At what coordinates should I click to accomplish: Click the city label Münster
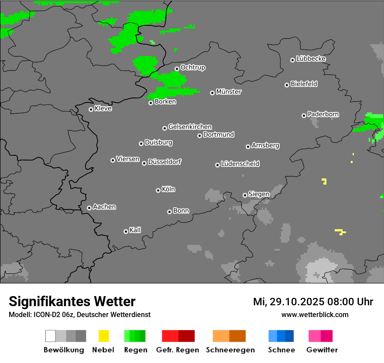[229, 92]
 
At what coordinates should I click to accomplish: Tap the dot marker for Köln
[158, 190]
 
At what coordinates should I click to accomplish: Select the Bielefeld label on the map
[304, 84]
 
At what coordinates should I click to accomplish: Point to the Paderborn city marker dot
[304, 115]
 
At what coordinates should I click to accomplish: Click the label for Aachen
[104, 207]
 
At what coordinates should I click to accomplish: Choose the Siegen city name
[259, 194]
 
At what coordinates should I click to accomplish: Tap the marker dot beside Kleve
[91, 109]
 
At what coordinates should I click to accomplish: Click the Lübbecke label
[311, 59]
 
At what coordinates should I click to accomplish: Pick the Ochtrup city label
[192, 68]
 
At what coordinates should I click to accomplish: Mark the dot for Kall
[126, 231]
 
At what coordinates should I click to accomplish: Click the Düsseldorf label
[165, 162]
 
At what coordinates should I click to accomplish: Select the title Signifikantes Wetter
[72, 301]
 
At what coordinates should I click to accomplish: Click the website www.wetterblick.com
[315, 314]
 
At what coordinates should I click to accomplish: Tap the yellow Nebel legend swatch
[103, 336]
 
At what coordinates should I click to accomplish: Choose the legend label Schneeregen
[230, 350]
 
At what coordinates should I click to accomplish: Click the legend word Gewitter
[322, 350]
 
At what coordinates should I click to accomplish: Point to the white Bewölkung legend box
[51, 336]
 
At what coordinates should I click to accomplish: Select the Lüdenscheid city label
[240, 164]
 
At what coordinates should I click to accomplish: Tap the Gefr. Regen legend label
[178, 350]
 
